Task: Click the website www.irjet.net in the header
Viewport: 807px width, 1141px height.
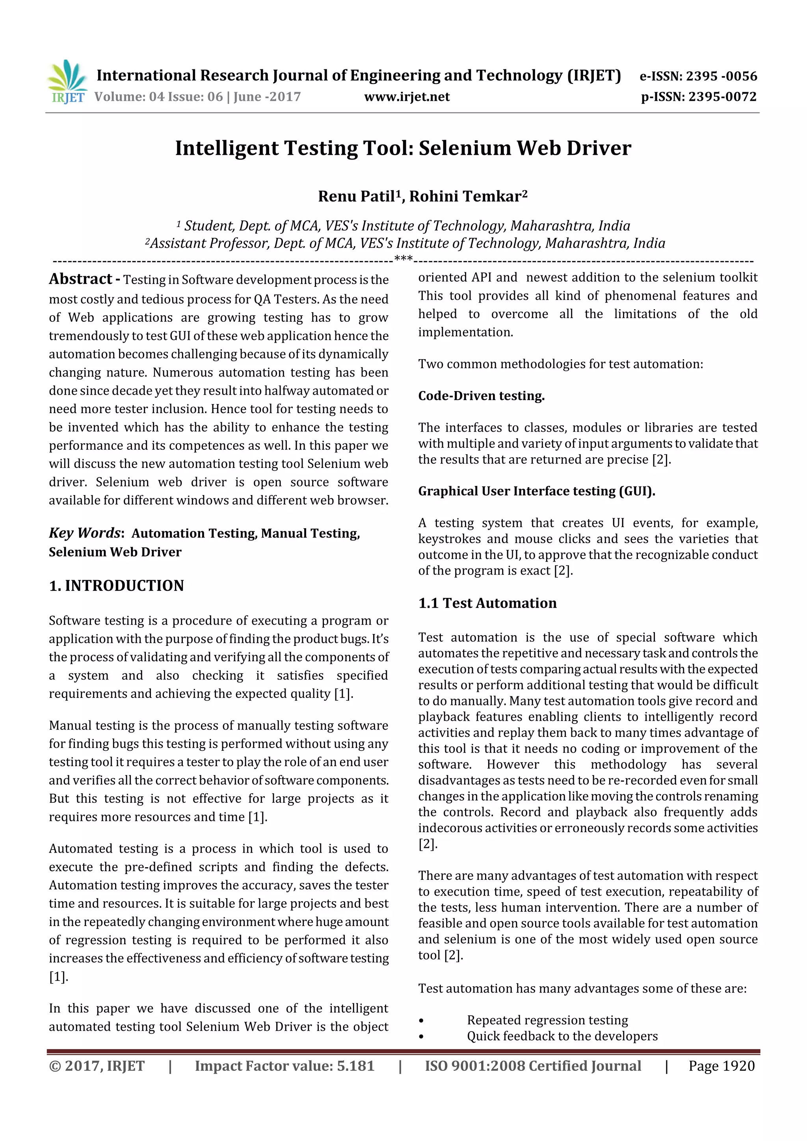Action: click(406, 97)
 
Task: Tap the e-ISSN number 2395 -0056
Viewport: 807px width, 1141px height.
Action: click(721, 76)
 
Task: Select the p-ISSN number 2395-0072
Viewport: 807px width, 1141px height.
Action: click(722, 97)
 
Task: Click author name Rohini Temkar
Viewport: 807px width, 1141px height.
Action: click(465, 196)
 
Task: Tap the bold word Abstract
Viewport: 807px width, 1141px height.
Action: click(80, 279)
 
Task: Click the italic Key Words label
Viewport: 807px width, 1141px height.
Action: click(85, 533)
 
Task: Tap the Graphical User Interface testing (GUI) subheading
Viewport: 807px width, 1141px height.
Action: click(536, 491)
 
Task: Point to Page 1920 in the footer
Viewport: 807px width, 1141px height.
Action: click(721, 1066)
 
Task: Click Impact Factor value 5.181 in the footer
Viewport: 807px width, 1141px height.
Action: click(284, 1066)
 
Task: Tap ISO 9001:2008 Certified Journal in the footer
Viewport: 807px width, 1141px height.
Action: click(532, 1066)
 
